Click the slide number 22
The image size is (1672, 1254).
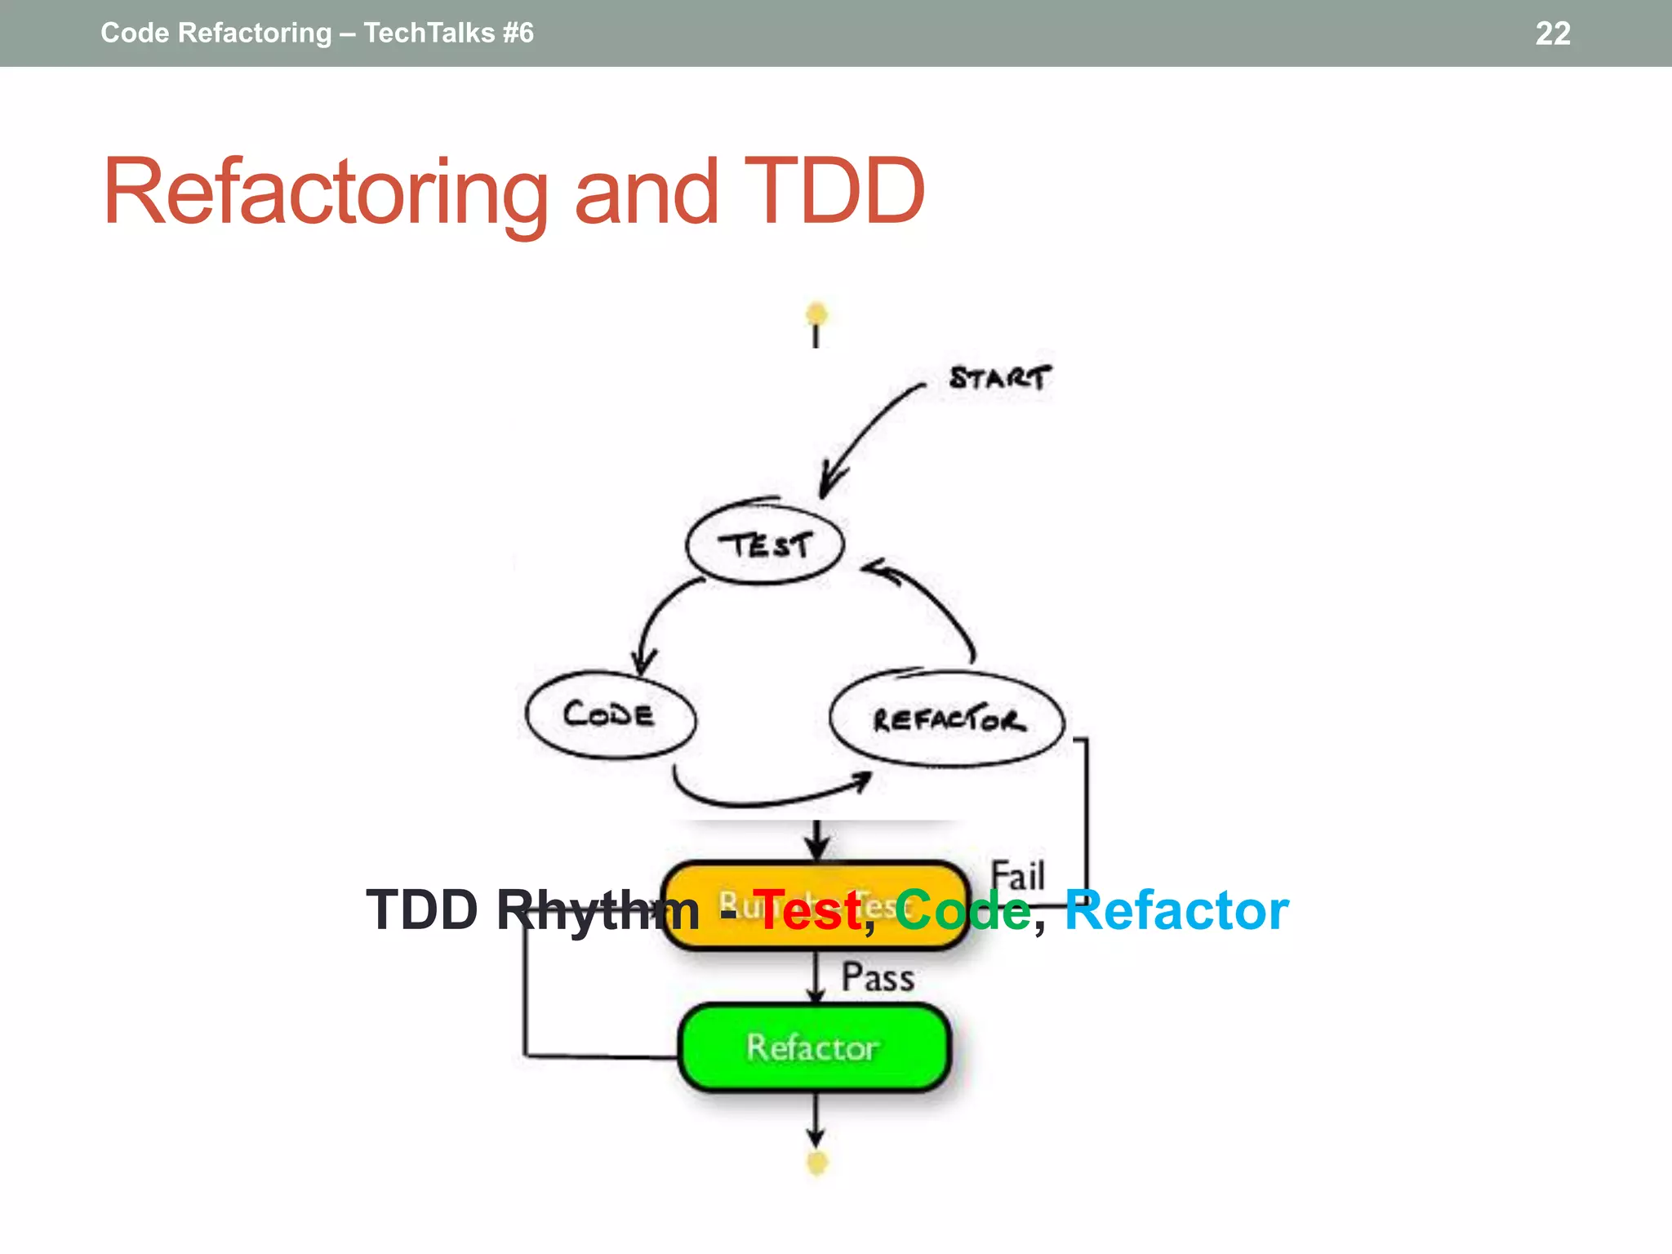(1552, 33)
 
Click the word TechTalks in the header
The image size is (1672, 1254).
(429, 33)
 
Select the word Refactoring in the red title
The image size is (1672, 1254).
(325, 192)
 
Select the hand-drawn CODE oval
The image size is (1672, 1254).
(610, 715)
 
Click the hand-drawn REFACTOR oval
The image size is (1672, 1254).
(947, 719)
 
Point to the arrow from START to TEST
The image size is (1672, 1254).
(865, 433)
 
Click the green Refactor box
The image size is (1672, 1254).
(814, 1047)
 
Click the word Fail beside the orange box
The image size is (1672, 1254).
(1017, 876)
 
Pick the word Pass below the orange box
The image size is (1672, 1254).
(878, 977)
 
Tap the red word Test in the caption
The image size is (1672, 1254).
(807, 910)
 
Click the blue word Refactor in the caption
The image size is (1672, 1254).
(1176, 910)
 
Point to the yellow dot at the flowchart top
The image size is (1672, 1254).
(816, 313)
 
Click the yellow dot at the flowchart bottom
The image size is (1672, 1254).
(816, 1162)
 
